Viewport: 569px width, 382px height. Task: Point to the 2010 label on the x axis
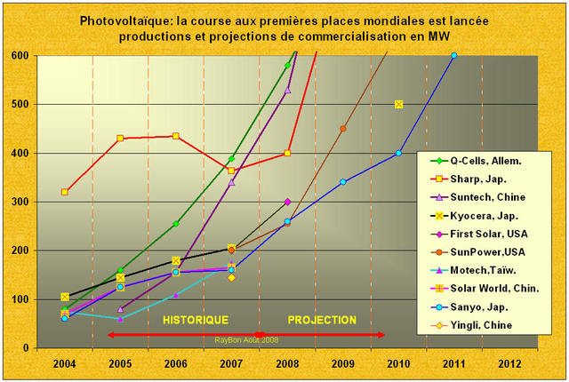coord(398,362)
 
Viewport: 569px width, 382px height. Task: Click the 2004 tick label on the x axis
coord(64,362)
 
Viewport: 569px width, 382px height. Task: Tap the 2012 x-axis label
coord(509,362)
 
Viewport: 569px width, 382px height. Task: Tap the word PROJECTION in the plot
coord(322,320)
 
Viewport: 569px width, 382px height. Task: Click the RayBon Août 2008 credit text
coord(247,339)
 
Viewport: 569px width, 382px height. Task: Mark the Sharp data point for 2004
coord(65,192)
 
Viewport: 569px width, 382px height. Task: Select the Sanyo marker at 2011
coord(453,55)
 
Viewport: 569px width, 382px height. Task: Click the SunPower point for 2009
coord(342,128)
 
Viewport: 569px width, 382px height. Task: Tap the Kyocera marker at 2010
coord(398,104)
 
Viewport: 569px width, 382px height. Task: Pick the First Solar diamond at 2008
coord(287,202)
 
